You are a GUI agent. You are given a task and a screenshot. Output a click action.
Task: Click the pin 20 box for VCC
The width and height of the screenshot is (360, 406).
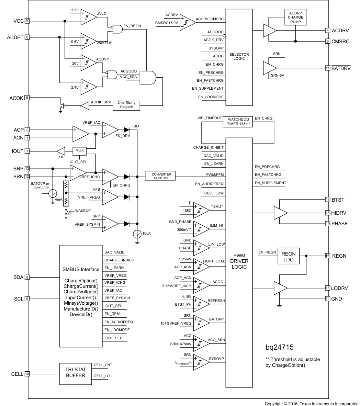coord(27,21)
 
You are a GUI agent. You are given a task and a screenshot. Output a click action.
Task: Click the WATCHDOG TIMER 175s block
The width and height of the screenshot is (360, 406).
coord(238,122)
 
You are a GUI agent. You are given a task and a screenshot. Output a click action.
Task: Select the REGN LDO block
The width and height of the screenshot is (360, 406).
coord(288,256)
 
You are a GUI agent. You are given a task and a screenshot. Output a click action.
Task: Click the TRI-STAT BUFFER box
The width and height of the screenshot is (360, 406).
coord(76,372)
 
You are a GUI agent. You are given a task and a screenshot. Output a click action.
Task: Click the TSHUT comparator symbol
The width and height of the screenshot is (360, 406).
coord(201,209)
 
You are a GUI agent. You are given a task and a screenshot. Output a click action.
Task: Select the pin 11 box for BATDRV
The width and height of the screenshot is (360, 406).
coord(328,68)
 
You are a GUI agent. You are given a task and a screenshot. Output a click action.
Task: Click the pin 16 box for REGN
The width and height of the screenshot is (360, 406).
coord(328,256)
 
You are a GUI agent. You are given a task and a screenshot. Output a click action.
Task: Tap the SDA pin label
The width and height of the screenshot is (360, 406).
coord(18,277)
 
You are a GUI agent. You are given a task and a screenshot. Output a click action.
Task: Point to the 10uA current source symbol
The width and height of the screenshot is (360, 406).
coord(137,234)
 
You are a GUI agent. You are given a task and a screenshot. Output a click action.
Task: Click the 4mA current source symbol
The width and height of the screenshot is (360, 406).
coord(52,194)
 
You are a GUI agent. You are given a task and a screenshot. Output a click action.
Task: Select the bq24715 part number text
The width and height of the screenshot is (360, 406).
coord(280,347)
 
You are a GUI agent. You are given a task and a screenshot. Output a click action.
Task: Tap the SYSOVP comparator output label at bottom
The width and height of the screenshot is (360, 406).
coord(216,359)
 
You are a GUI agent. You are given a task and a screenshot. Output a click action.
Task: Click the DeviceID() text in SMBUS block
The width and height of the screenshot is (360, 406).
coord(81,314)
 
